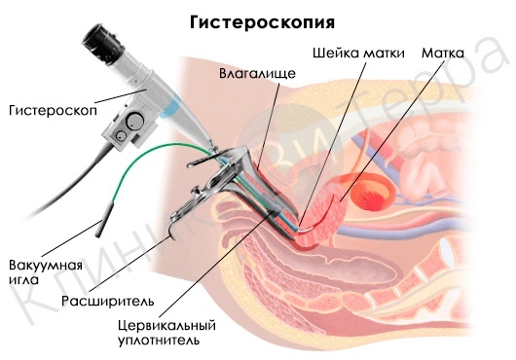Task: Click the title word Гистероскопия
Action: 263,21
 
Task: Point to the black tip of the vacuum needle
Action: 100,230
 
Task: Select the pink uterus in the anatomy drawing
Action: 336,208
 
